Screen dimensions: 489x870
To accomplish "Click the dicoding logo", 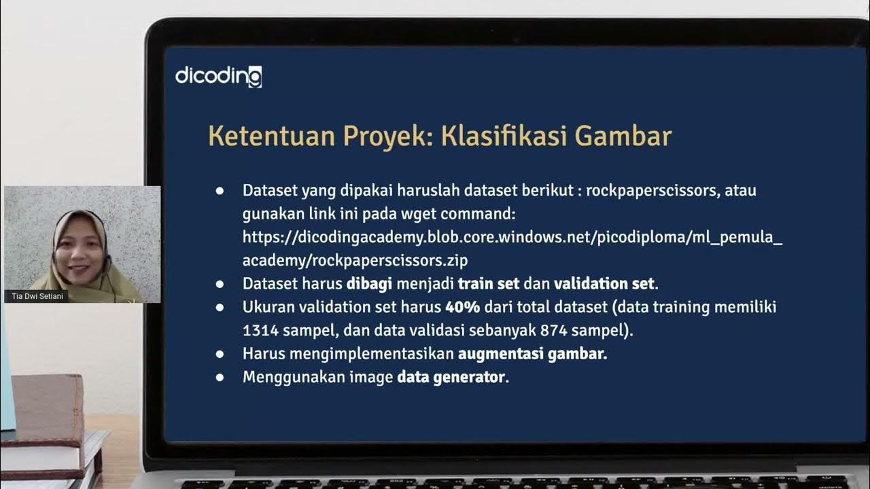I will (218, 76).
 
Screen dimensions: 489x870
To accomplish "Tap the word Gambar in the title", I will (623, 136).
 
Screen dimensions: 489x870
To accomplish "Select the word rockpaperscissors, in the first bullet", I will (652, 191).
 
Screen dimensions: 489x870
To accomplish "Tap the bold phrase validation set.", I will (604, 283).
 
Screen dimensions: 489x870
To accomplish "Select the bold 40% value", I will (462, 307).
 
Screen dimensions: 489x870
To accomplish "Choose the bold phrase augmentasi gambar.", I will (532, 354).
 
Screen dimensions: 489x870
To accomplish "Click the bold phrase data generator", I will (451, 377).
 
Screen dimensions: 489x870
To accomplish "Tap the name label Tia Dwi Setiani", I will (36, 297).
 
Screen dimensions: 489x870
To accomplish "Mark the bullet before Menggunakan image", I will (220, 377).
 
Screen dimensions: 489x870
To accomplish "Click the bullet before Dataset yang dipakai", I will (220, 191).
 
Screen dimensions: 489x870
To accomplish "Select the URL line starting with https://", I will (512, 237).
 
